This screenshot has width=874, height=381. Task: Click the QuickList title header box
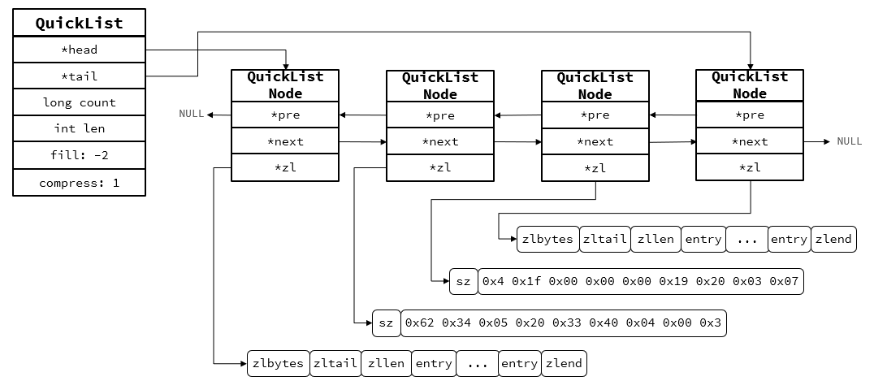(79, 23)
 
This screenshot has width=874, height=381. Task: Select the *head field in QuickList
(79, 50)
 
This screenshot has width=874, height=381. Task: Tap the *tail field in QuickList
(79, 76)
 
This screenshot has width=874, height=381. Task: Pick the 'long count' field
(79, 102)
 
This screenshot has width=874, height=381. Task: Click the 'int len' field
(79, 128)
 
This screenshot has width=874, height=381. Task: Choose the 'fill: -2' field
(79, 155)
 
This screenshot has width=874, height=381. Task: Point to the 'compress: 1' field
(79, 183)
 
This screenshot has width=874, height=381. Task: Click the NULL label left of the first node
(192, 114)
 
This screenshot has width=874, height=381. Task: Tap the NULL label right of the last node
(849, 141)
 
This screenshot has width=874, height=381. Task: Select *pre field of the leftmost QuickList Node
(285, 115)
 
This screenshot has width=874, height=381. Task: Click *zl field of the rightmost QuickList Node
(749, 167)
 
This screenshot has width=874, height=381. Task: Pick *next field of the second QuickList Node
(439, 141)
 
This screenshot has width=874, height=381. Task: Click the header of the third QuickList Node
(595, 85)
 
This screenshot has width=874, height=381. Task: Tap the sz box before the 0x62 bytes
(386, 323)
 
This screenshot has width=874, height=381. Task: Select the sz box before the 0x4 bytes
(463, 282)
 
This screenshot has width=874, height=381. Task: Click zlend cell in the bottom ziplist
(564, 363)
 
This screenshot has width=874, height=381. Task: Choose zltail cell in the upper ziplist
(604, 239)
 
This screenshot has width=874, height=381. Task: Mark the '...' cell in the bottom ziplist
(477, 363)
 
